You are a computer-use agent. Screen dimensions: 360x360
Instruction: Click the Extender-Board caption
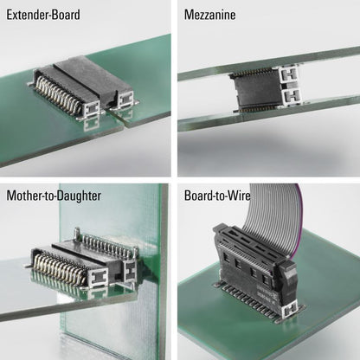click(43, 15)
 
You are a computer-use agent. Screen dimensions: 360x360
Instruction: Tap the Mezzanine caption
click(209, 15)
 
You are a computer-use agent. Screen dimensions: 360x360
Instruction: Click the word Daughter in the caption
click(78, 196)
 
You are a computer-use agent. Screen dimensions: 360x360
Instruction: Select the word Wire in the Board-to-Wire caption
click(239, 196)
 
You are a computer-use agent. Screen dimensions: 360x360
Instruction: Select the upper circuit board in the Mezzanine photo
click(268, 63)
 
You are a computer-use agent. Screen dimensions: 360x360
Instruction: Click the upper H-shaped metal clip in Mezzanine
click(289, 74)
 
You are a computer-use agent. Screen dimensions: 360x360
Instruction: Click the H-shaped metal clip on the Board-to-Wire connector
click(292, 312)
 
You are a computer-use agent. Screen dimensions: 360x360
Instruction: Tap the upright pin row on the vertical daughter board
click(108, 245)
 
